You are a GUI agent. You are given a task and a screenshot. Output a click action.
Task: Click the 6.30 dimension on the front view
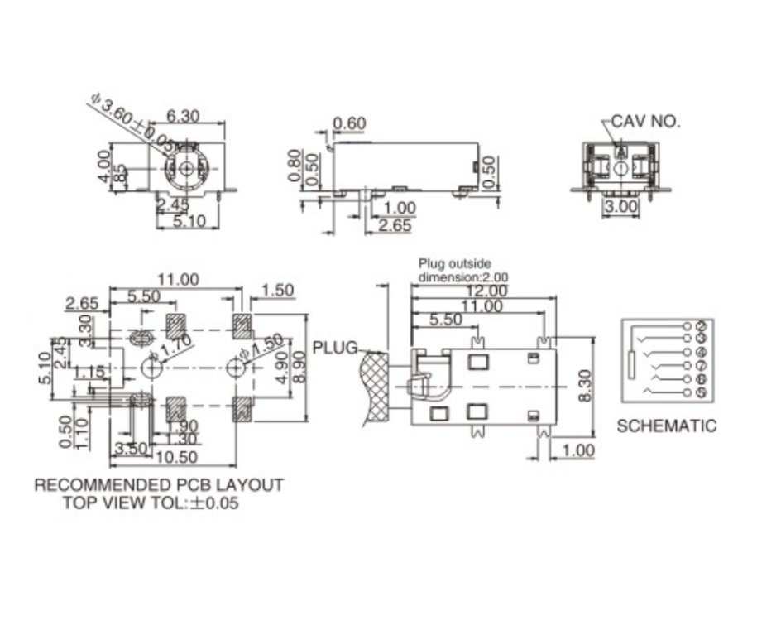(183, 117)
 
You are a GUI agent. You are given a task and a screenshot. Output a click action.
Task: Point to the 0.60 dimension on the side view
(348, 124)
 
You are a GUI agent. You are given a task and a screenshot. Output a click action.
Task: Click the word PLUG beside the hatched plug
(335, 347)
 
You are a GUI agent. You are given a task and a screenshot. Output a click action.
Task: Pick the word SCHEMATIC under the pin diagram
(666, 426)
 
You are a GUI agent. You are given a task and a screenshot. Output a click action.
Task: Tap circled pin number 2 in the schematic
(701, 325)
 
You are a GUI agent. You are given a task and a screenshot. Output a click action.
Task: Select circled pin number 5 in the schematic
(701, 392)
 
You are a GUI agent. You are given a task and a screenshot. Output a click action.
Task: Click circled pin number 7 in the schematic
(701, 365)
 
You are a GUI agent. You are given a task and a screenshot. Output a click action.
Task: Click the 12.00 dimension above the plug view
(486, 291)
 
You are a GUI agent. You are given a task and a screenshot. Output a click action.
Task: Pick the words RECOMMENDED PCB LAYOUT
(159, 485)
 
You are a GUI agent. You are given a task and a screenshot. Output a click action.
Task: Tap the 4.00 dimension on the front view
(103, 166)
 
